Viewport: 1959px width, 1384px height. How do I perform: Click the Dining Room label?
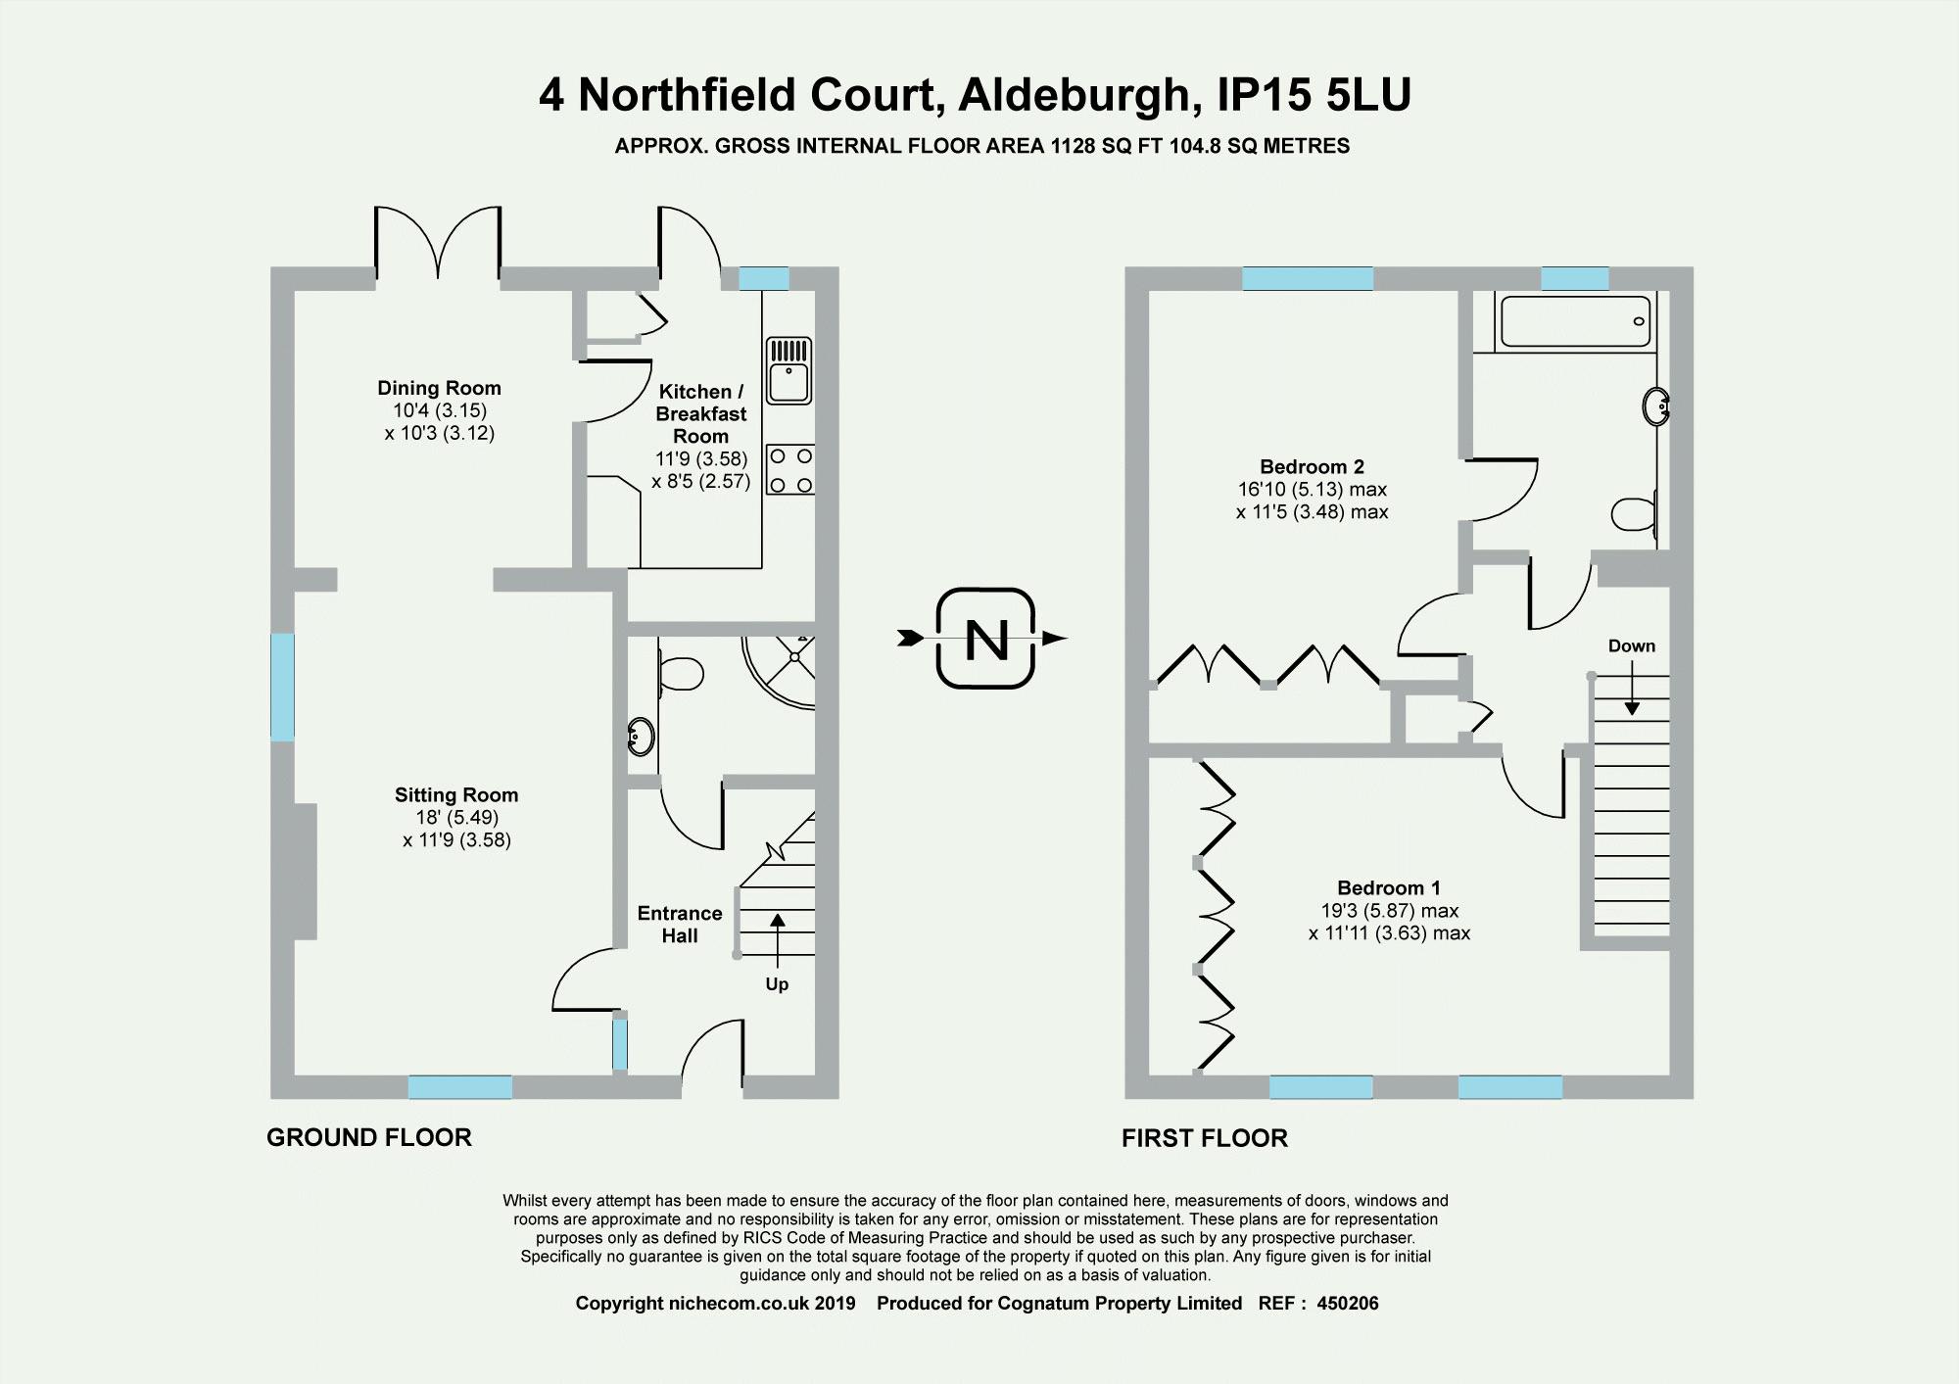pos(439,388)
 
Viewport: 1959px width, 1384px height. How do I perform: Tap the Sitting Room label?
pos(456,795)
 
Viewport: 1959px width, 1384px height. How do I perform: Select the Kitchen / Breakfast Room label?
pos(701,413)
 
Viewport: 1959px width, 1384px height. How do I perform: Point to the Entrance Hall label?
pos(680,925)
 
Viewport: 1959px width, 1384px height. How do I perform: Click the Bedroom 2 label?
pos(1312,466)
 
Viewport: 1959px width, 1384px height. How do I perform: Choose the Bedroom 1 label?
pos(1389,888)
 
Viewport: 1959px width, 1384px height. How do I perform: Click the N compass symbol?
pos(985,639)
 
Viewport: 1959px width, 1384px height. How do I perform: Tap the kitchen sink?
pos(788,370)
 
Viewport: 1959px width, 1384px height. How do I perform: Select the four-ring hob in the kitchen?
pos(790,470)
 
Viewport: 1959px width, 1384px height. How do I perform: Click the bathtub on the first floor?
pos(1575,321)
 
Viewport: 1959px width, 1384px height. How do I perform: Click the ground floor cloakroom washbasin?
pos(641,737)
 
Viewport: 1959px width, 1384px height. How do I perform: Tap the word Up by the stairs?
pos(777,984)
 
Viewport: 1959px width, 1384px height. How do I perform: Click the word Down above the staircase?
pos(1632,646)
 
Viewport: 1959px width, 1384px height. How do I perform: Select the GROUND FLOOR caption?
pos(369,1137)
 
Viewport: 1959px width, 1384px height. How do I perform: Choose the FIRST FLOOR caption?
pos(1205,1138)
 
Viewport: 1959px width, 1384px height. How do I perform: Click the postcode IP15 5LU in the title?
pos(1314,95)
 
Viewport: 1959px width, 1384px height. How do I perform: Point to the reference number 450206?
pos(1348,1304)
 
